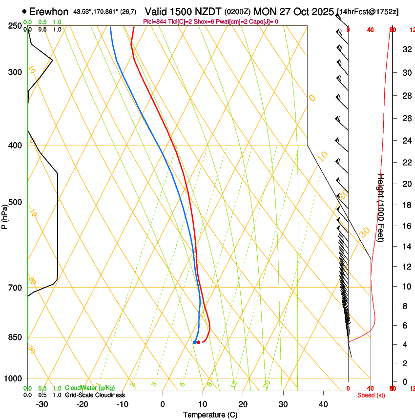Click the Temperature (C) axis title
pos(210,415)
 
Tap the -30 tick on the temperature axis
pos(42,404)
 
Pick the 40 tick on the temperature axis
pos(323,404)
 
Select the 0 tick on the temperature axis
pos(163,404)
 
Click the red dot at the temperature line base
pos(198,342)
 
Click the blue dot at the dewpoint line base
pos(195,342)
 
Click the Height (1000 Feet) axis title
pos(381,208)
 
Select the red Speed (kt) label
pos(371,395)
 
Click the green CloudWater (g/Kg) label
pos(90,388)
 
